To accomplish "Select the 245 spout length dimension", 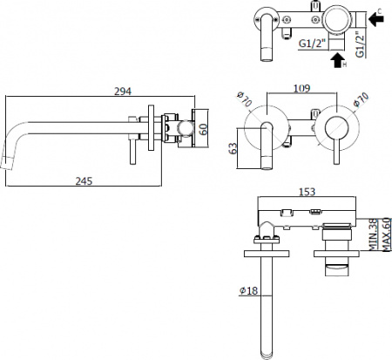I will click(x=84, y=180).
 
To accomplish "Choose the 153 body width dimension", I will click(x=308, y=191).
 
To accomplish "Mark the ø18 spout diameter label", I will click(x=247, y=291).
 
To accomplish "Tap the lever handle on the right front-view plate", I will click(x=331, y=139).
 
